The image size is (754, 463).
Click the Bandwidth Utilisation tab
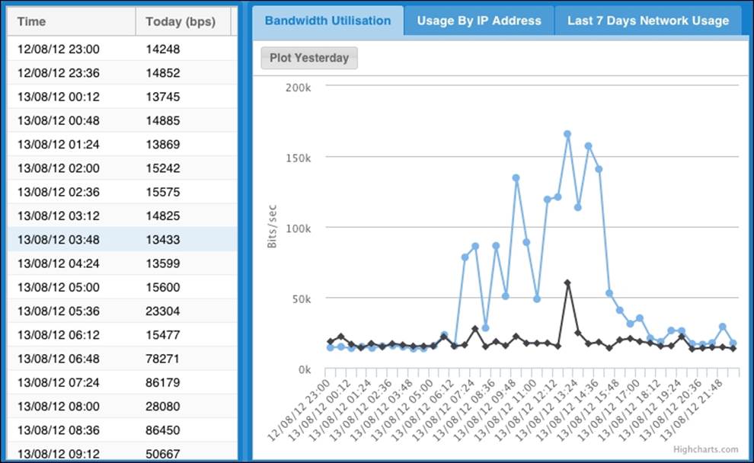coord(327,21)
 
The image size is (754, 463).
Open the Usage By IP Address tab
coord(479,21)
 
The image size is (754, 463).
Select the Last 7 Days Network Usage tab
coord(647,21)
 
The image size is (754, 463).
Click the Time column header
coord(32,21)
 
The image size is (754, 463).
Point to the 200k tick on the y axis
coord(299,88)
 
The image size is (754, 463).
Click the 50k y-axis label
coord(301,299)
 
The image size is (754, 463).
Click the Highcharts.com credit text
coord(705,449)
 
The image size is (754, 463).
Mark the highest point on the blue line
coord(567,134)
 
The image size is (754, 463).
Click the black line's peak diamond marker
coord(567,283)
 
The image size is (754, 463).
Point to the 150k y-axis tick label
coord(299,158)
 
